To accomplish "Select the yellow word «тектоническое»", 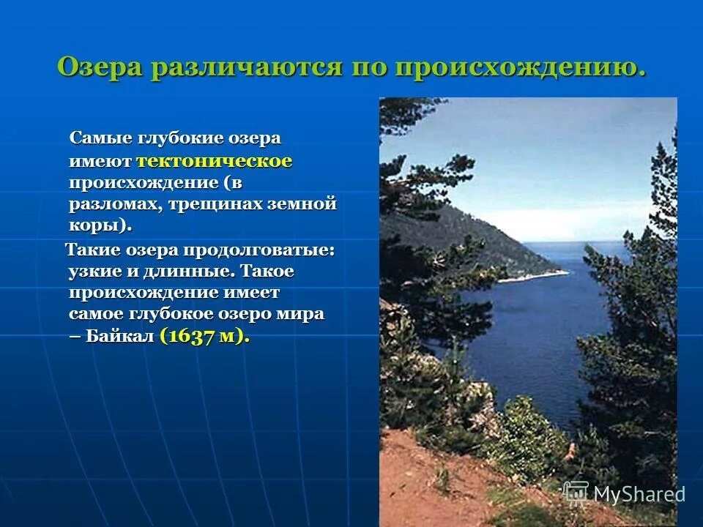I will [x=215, y=161].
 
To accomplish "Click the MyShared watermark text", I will [x=639, y=494].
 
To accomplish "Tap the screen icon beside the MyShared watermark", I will [x=576, y=492].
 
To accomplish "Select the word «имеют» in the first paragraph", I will [x=101, y=161].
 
